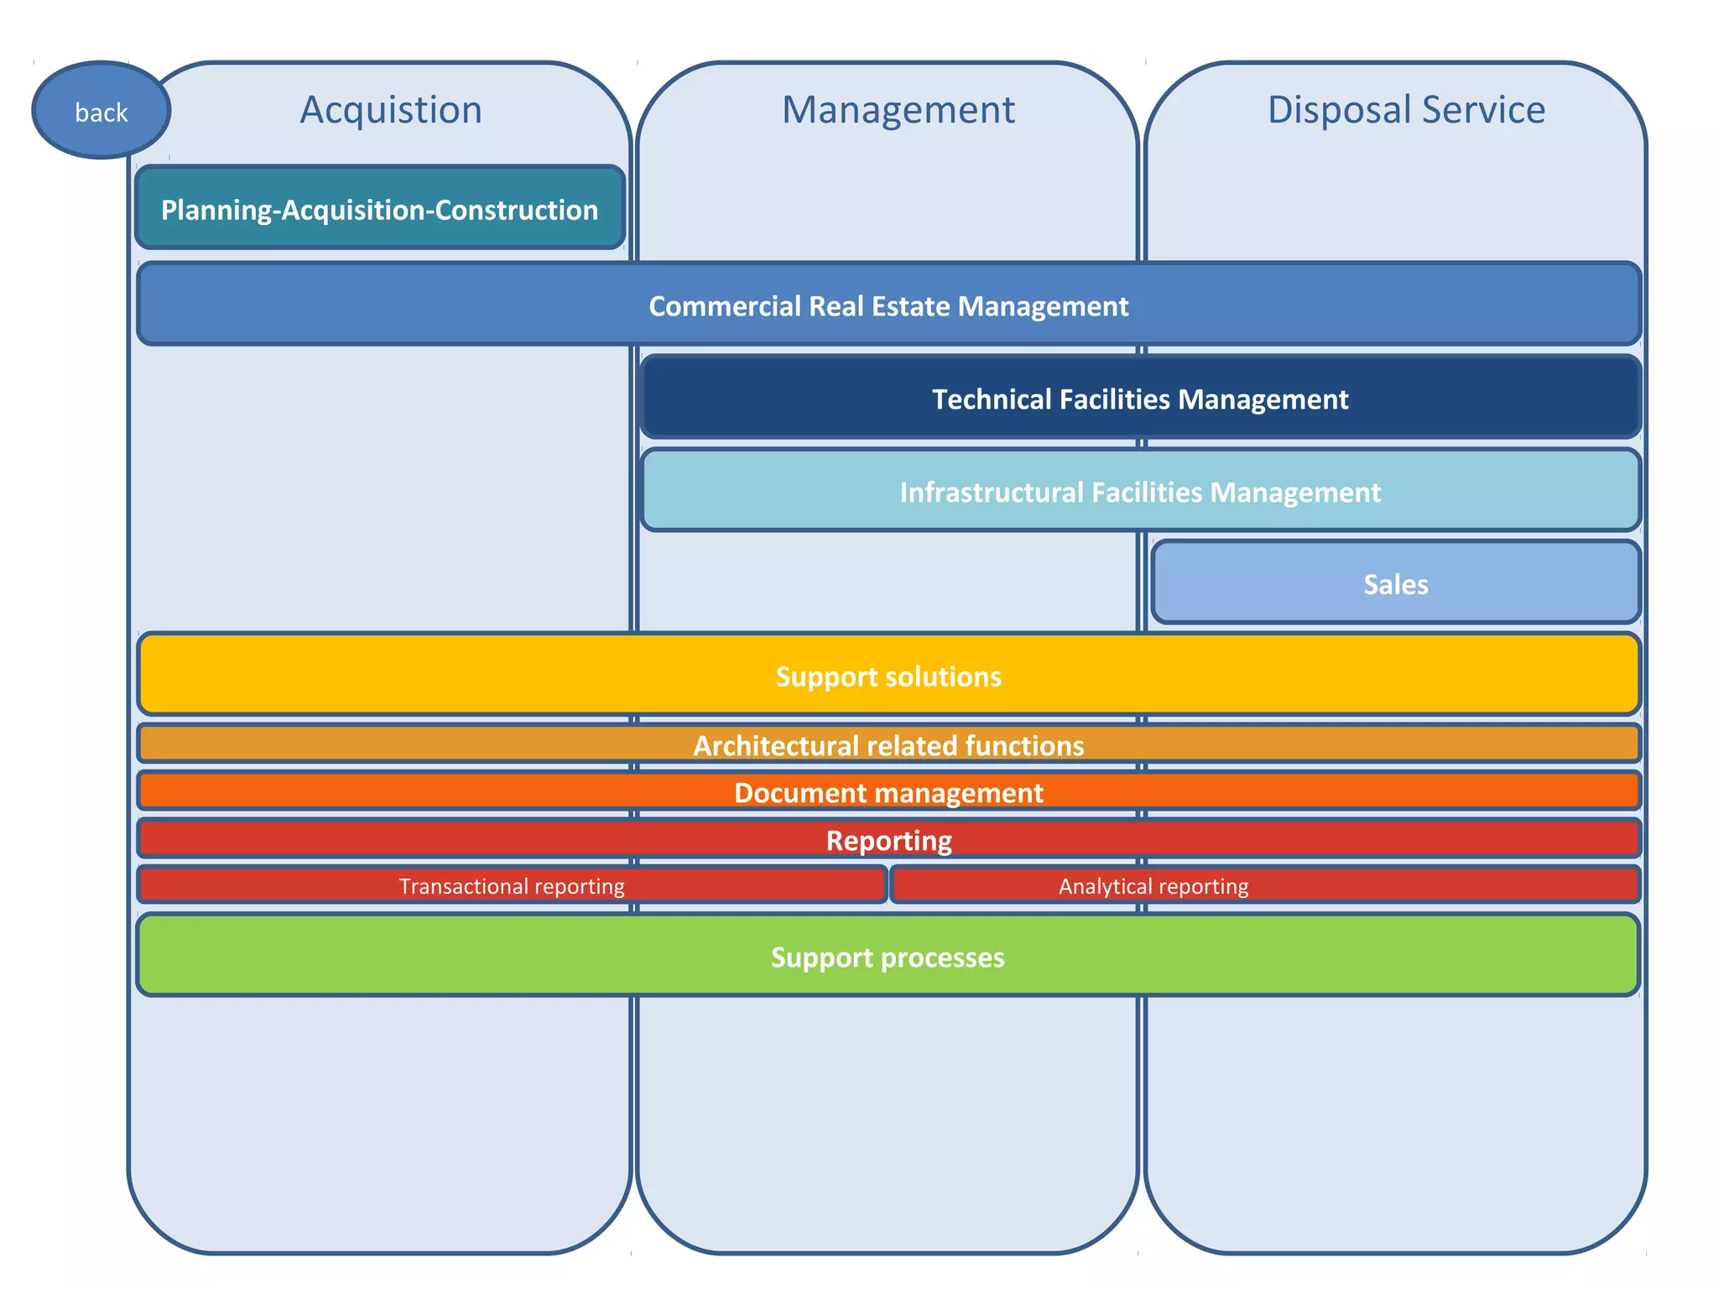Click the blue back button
point(102,111)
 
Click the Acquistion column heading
point(391,110)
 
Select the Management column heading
point(898,110)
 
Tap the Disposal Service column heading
point(1406,110)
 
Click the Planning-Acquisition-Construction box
point(379,209)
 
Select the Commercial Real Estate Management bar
point(888,305)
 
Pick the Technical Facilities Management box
point(1140,399)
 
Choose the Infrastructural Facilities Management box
point(1140,492)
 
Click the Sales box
point(1395,584)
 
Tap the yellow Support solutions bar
point(888,676)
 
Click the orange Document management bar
point(888,792)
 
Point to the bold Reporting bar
point(888,839)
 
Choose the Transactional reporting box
point(512,886)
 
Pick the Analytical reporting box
point(1153,886)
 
